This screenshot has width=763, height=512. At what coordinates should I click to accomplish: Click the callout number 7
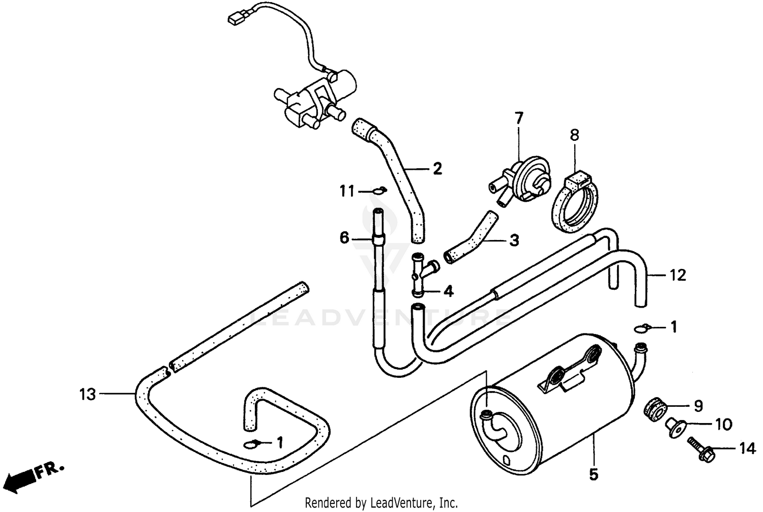[x=518, y=119]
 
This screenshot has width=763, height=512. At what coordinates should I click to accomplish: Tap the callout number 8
[x=574, y=135]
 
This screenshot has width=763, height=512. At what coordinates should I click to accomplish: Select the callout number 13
[x=87, y=394]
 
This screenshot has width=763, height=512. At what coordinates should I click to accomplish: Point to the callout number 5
[x=593, y=475]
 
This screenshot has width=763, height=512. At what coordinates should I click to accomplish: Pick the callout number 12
[x=678, y=276]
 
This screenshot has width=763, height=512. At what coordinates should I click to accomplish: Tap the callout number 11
[x=347, y=192]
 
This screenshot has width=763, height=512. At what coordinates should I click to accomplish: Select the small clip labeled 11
[x=378, y=191]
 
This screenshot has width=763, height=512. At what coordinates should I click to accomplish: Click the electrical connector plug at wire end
[x=235, y=19]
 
